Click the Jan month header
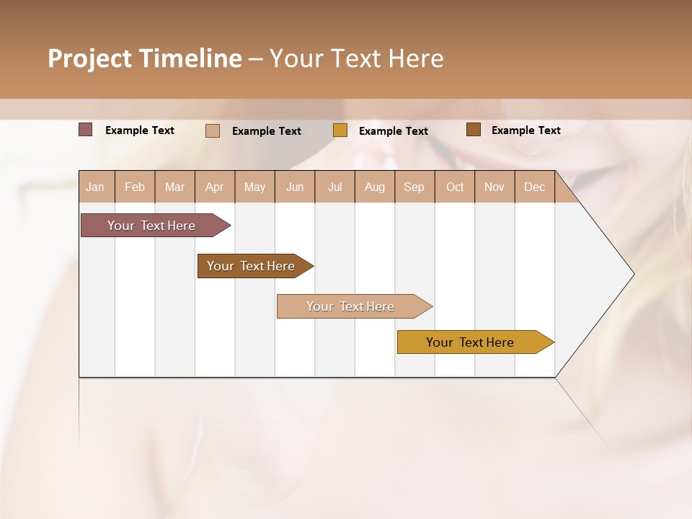click(x=95, y=187)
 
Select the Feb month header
click(x=135, y=187)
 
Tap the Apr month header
click(x=215, y=187)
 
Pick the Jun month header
click(x=295, y=187)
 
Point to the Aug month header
click(x=375, y=187)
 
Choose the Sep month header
click(x=414, y=187)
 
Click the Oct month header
click(x=455, y=187)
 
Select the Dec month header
click(x=535, y=187)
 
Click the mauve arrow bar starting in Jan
click(x=152, y=226)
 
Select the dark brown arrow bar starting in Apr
click(x=252, y=266)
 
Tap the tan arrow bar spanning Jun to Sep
click(x=351, y=306)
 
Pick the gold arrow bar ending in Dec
click(x=471, y=342)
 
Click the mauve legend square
click(x=86, y=130)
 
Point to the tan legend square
click(x=213, y=130)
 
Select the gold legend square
click(x=340, y=130)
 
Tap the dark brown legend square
click(x=473, y=130)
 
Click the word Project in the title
click(x=90, y=59)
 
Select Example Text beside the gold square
click(x=394, y=131)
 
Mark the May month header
click(x=254, y=187)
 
